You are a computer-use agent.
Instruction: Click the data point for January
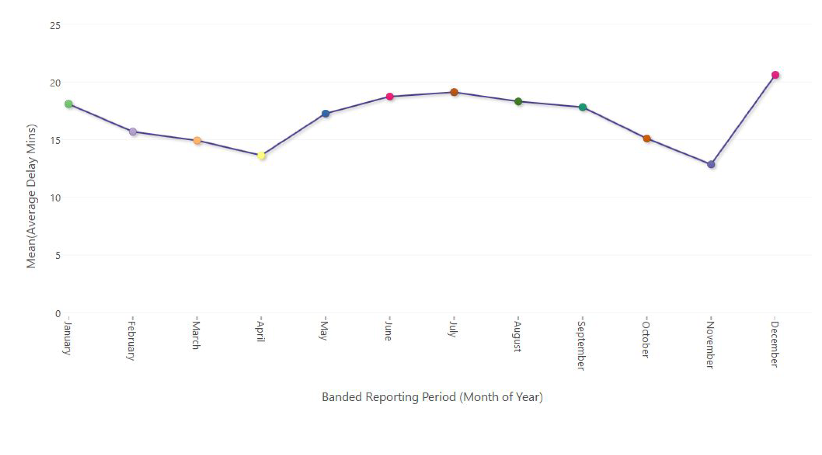tap(69, 104)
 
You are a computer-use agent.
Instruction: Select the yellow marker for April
tap(261, 155)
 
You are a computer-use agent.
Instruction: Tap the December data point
tap(775, 75)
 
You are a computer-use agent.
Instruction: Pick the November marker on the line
tap(711, 164)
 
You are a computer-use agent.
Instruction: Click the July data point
tap(454, 92)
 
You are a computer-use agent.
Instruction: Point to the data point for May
tap(325, 114)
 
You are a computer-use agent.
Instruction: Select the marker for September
tap(582, 107)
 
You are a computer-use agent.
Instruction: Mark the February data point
tap(133, 132)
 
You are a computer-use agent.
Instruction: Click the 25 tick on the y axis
tap(55, 26)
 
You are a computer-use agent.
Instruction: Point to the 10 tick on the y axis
tap(55, 198)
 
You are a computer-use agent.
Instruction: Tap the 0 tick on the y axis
tap(58, 314)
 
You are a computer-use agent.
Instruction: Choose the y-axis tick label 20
tap(55, 83)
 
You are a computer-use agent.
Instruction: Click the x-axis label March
tap(196, 335)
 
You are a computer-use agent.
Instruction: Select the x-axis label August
tap(517, 336)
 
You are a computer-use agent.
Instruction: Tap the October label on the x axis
tap(645, 339)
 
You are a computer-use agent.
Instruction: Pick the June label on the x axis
tap(388, 331)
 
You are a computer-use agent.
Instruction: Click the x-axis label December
tap(774, 344)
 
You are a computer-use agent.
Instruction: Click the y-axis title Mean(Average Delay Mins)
tap(31, 196)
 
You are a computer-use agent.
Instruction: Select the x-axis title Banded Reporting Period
tap(432, 397)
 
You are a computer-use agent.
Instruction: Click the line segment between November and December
tap(743, 119)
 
